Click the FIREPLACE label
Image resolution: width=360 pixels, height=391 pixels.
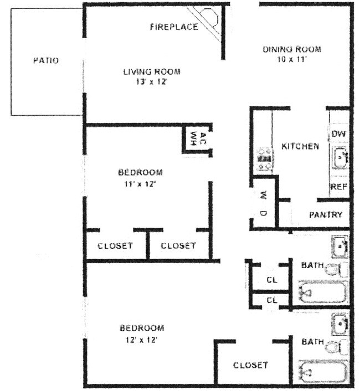click(174, 27)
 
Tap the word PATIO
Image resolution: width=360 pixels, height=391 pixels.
click(46, 60)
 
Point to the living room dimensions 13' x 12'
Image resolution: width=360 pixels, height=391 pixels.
click(151, 81)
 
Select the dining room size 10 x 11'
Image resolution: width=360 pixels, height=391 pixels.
click(292, 59)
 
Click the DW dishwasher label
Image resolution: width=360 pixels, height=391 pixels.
click(338, 134)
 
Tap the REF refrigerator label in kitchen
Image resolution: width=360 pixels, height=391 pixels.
click(339, 186)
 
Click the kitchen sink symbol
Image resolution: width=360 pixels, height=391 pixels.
click(340, 158)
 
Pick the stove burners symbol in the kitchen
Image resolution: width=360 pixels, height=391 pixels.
click(264, 159)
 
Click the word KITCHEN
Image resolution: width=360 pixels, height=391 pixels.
click(300, 146)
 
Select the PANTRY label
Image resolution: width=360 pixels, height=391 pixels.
click(326, 215)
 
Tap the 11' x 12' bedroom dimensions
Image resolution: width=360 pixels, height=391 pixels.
click(140, 184)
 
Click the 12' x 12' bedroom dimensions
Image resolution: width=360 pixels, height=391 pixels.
click(141, 339)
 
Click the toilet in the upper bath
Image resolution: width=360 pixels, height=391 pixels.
click(337, 269)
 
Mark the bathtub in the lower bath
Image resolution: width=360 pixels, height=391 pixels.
click(323, 372)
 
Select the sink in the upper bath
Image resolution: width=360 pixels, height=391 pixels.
click(340, 246)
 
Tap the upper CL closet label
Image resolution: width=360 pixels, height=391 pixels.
click(272, 280)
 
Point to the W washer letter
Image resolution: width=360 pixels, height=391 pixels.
click(264, 195)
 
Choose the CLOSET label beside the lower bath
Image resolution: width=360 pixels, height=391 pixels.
click(250, 366)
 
